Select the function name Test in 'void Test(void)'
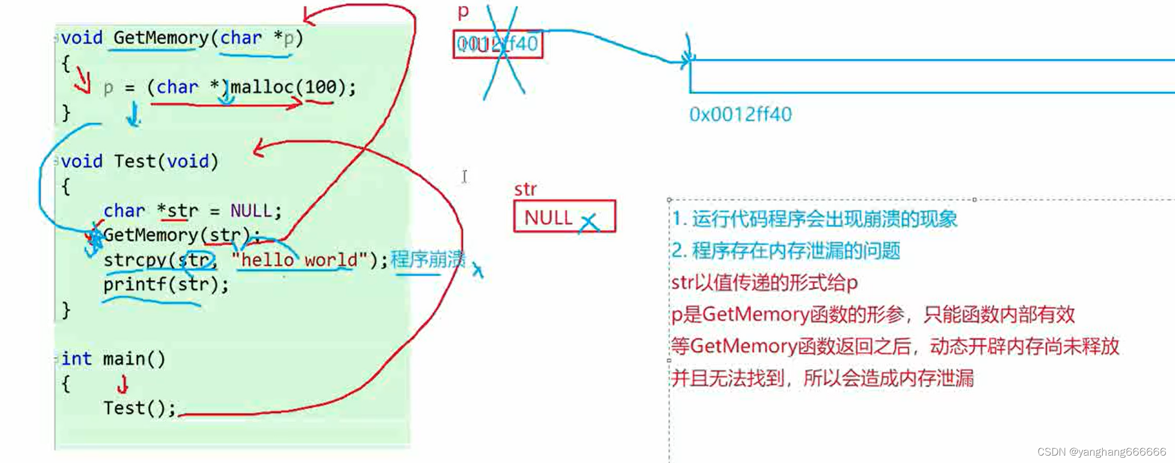[x=135, y=162]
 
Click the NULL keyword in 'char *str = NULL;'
[x=251, y=211]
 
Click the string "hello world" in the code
[x=300, y=260]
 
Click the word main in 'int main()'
[x=124, y=359]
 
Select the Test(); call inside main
[x=139, y=408]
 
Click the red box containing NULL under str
[x=564, y=216]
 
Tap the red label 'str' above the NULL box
[x=525, y=189]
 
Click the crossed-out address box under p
[x=498, y=44]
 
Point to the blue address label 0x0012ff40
[x=740, y=114]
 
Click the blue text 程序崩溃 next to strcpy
[x=427, y=259]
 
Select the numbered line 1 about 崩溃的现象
[x=815, y=219]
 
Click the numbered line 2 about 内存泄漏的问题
[x=786, y=251]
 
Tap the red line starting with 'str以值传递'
[x=765, y=283]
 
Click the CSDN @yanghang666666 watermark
[x=1101, y=452]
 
